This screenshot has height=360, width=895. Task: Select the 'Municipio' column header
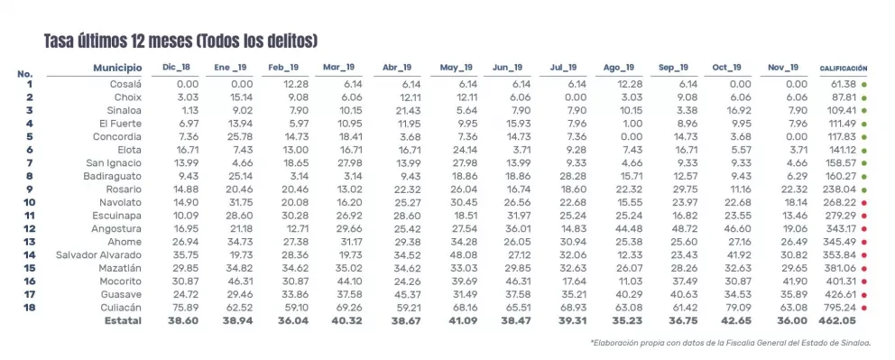[x=117, y=68]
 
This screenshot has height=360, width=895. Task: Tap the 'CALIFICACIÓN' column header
[x=844, y=69]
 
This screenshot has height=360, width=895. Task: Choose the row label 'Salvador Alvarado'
[x=98, y=255]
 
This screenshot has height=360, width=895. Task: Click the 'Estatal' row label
[x=123, y=320]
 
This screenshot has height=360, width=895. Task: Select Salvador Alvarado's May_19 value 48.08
[x=460, y=255]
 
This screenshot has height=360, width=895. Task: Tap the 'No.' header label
[x=24, y=74]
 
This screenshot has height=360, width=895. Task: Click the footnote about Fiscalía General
[x=731, y=343]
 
